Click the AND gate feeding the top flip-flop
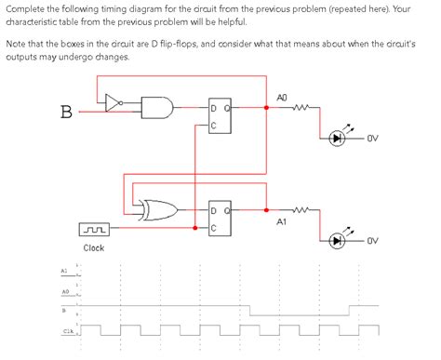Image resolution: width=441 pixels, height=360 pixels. coord(158,110)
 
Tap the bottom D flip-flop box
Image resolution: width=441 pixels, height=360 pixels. coord(219,217)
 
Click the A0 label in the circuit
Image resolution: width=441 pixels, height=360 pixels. coord(283,97)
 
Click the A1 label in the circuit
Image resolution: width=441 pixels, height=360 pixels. coord(282,222)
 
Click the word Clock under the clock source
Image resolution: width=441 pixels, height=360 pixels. coord(93,248)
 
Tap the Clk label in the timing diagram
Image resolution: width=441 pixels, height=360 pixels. coord(67,331)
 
